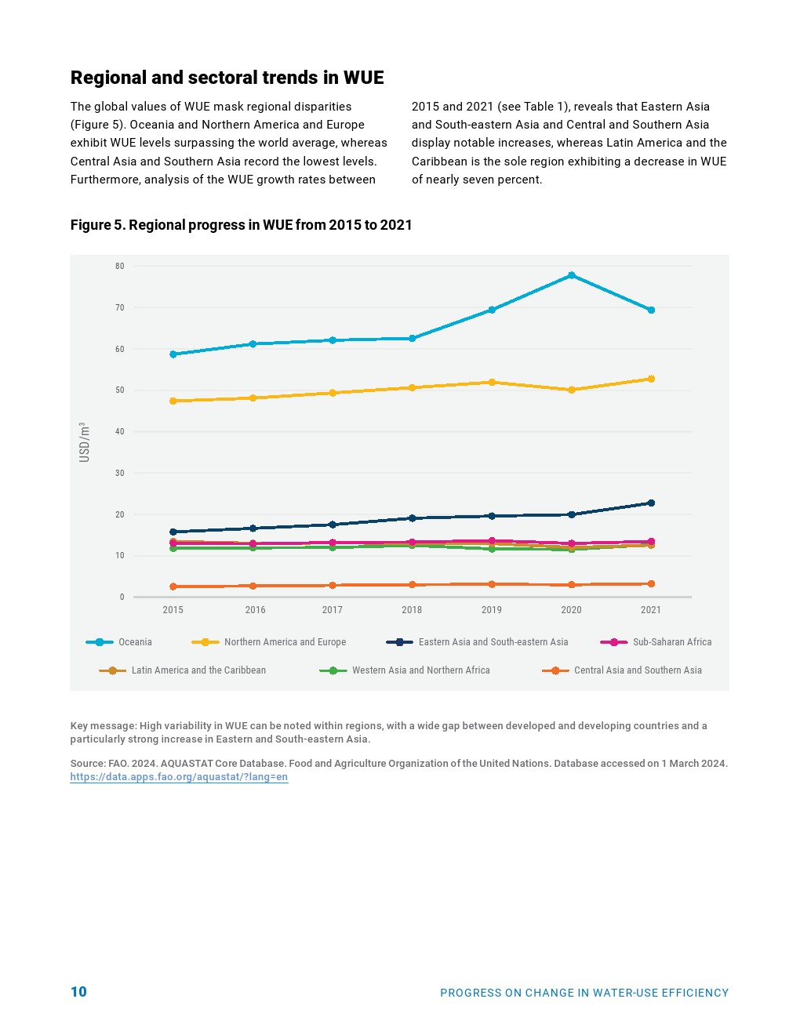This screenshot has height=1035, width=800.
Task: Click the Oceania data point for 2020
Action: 571,275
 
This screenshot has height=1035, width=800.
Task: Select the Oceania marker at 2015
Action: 173,354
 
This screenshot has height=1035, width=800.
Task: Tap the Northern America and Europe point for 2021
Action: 651,379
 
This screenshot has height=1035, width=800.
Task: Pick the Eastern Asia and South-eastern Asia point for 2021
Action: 651,503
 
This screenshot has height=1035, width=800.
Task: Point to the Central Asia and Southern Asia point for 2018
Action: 412,585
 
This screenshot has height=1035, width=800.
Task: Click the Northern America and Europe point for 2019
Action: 492,383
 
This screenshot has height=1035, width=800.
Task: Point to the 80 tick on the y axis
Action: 120,267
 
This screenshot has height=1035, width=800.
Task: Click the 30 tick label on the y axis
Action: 120,474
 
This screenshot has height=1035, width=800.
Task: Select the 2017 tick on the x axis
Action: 332,610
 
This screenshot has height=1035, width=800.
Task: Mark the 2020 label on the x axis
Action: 571,610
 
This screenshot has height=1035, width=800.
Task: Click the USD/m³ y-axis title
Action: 85,442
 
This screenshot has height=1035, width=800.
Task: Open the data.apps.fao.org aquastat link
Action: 179,777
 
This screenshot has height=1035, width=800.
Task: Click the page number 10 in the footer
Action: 78,992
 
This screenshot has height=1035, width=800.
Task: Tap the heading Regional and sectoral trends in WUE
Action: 227,78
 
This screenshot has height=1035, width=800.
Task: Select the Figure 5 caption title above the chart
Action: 241,225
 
